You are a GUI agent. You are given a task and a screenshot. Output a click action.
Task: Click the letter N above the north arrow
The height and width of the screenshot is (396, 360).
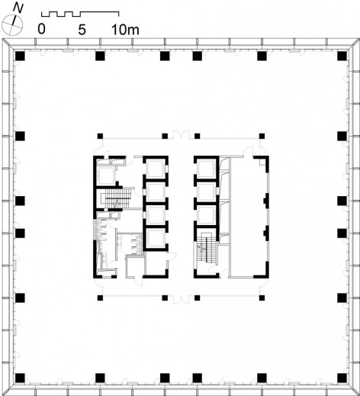pos(18,8)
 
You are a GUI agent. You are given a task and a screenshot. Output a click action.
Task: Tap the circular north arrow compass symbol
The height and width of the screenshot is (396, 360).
pos(12,25)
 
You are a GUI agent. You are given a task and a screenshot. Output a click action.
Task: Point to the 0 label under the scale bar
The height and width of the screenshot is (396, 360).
pos(41,29)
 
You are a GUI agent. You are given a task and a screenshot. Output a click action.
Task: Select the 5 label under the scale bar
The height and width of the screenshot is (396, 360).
pos(82,30)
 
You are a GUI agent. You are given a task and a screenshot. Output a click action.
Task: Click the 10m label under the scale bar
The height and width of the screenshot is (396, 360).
pos(126,30)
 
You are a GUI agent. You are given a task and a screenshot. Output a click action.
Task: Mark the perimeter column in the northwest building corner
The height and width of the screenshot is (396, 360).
pos(20,56)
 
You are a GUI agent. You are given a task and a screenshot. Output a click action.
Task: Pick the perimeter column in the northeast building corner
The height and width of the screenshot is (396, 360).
pos(342,56)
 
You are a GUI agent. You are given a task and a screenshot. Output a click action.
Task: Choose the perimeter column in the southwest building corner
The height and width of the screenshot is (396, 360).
pos(20,378)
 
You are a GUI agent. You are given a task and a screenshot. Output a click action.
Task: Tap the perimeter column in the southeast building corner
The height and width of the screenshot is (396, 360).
pos(342,378)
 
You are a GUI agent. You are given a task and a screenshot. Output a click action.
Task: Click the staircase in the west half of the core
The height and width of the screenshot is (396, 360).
pos(117,198)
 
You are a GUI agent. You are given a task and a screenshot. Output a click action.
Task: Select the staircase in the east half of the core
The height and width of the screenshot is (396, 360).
pos(206,251)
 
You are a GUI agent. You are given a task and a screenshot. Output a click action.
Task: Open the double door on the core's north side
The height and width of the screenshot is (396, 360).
pos(181,135)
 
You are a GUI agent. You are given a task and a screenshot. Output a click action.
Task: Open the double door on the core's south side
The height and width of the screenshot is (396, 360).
pos(181,299)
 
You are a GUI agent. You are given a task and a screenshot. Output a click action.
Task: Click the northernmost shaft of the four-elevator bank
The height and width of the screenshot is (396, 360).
pos(155,168)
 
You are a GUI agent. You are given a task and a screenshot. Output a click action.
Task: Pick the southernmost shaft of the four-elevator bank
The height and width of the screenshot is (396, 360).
pos(155,238)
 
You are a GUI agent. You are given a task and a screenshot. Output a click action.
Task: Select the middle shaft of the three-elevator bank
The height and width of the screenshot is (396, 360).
pos(206,192)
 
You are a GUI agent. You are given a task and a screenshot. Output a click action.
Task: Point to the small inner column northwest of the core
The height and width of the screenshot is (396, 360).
pos(100,136)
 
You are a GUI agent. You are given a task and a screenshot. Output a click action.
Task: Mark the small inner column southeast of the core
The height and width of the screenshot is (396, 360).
pos(262,298)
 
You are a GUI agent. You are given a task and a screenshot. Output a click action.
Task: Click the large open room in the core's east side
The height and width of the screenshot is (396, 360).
pos(249,216)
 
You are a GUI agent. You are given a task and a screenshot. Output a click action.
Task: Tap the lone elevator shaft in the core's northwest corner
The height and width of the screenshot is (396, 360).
pos(107,175)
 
